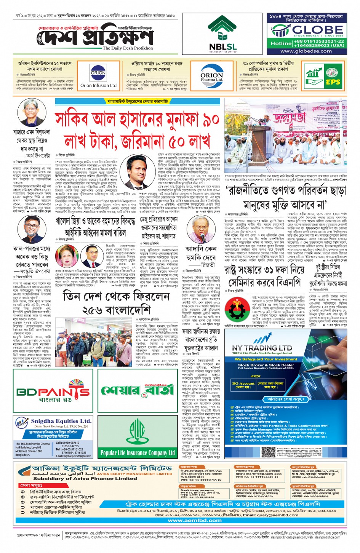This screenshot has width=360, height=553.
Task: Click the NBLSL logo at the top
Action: [222, 34]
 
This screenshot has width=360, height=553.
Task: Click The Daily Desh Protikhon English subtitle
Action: [128, 48]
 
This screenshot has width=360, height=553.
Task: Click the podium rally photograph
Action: [285, 135]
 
